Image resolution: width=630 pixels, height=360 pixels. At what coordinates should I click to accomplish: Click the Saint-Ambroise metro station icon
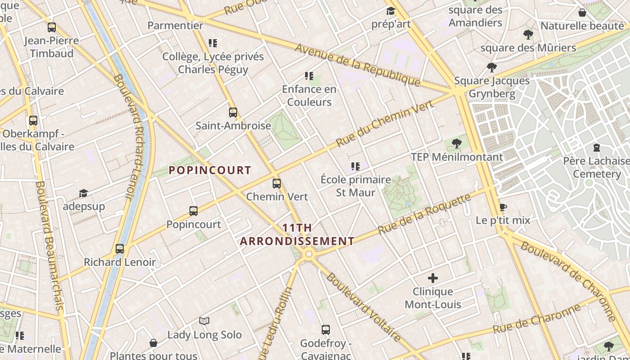pyautogui.click(x=233, y=112)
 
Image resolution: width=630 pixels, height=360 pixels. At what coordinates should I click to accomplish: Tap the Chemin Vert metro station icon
pyautogui.click(x=276, y=184)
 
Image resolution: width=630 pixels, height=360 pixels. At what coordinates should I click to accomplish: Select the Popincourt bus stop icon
pyautogui.click(x=193, y=211)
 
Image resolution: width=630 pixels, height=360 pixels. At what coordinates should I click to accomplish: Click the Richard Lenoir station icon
pyautogui.click(x=120, y=248)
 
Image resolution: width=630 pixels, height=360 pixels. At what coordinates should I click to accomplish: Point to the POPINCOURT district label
pyautogui.click(x=210, y=170)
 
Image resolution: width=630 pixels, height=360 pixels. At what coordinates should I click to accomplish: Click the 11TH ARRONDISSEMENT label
pyautogui.click(x=297, y=234)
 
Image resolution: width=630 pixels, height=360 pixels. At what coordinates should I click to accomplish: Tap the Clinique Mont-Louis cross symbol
pyautogui.click(x=433, y=278)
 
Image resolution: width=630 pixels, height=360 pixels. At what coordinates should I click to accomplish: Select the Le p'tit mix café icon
pyautogui.click(x=503, y=207)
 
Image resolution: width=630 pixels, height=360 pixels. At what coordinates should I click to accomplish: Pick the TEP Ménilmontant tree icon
pyautogui.click(x=457, y=144)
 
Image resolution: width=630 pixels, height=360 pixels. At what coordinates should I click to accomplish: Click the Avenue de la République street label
pyautogui.click(x=357, y=65)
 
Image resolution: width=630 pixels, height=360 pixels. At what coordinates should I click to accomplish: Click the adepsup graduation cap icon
pyautogui.click(x=84, y=193)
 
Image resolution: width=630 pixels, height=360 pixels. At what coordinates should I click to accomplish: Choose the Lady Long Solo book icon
pyautogui.click(x=204, y=321)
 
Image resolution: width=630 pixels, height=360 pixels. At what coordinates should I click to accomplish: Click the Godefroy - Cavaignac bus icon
pyautogui.click(x=326, y=330)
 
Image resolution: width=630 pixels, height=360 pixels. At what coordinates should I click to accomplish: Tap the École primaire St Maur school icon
pyautogui.click(x=355, y=166)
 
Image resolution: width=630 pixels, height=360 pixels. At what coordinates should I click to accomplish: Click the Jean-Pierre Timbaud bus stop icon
pyautogui.click(x=52, y=27)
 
